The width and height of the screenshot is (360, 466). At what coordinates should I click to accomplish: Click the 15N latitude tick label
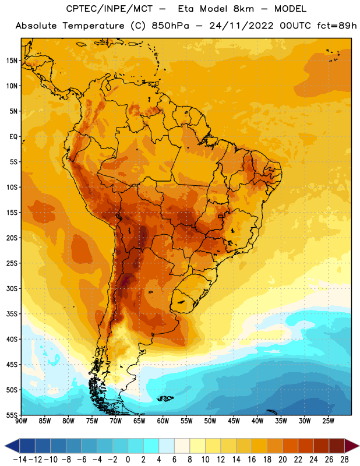(x=12, y=61)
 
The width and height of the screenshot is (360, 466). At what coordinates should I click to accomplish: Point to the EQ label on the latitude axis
(x=13, y=137)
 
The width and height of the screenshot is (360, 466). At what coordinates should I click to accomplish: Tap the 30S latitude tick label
(x=12, y=288)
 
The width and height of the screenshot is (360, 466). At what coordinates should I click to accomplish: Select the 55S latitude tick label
(x=12, y=415)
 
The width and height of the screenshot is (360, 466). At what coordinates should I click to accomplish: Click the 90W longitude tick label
(x=21, y=421)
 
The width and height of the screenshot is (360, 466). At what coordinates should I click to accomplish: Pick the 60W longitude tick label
(x=163, y=421)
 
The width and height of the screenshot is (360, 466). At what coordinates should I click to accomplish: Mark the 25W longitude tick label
(x=328, y=421)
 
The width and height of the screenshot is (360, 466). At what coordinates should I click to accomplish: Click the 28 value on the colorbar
(x=344, y=460)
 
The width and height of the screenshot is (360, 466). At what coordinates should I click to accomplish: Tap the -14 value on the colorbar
(x=20, y=460)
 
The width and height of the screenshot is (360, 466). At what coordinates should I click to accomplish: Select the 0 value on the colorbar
(x=128, y=460)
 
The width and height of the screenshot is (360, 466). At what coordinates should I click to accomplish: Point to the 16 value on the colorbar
(x=252, y=460)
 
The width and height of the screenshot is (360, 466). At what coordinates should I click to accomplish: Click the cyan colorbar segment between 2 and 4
(x=151, y=446)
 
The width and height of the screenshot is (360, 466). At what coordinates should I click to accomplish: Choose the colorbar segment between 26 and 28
(x=337, y=446)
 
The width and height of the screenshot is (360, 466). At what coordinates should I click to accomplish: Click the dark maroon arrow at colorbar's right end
(x=351, y=446)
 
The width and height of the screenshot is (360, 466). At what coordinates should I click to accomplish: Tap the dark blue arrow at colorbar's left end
(x=12, y=446)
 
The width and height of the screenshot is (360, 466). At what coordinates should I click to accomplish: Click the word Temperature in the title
(x=93, y=26)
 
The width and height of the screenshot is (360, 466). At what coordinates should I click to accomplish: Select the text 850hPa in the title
(x=170, y=26)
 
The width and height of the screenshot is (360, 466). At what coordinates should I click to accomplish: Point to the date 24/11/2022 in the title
(x=241, y=26)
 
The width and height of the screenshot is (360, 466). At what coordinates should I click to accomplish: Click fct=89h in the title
(x=337, y=26)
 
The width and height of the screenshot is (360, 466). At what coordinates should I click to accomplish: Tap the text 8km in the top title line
(x=243, y=9)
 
